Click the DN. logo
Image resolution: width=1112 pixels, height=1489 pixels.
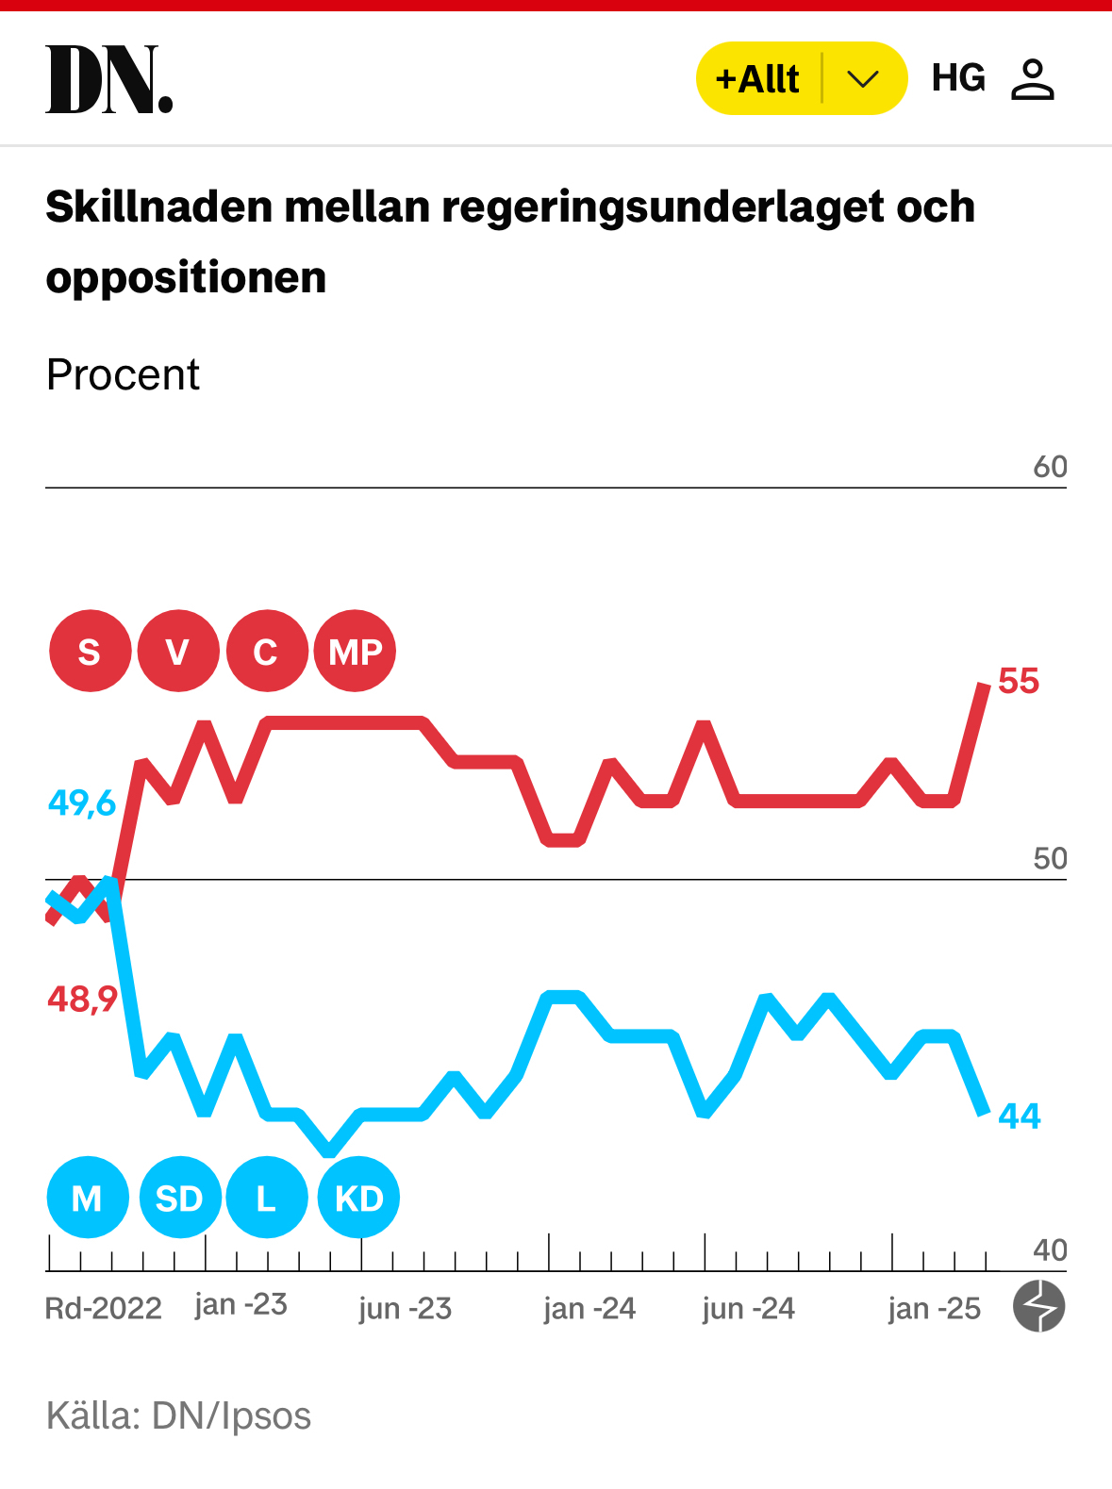[109, 79]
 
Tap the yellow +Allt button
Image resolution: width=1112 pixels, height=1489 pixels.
[757, 79]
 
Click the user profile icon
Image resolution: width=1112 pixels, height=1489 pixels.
[1032, 79]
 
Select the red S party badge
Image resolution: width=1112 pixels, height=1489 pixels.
[90, 652]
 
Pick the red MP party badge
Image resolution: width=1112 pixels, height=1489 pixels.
[356, 652]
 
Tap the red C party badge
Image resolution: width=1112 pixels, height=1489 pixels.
[267, 652]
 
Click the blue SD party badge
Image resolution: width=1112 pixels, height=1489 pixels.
[179, 1199]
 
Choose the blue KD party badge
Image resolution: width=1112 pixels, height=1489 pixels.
[358, 1199]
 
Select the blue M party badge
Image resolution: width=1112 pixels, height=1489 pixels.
[87, 1199]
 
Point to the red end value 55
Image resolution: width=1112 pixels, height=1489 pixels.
[1019, 681]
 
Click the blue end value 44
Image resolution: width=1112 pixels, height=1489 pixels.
[1020, 1117]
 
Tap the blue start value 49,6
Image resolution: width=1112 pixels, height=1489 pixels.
[82, 803]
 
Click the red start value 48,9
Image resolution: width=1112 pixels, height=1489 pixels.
[82, 999]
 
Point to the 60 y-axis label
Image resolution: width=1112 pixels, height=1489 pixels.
[1050, 467]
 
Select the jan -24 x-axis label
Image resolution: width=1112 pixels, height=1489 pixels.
[589, 1309]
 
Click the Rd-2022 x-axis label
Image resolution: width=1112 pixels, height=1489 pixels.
[104, 1309]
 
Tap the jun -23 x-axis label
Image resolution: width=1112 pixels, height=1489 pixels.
[406, 1309]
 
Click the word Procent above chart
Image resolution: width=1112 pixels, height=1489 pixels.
[123, 375]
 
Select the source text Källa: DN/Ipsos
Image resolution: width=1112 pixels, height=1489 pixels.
[178, 1416]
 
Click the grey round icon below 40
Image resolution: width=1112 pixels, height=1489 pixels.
[1038, 1306]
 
